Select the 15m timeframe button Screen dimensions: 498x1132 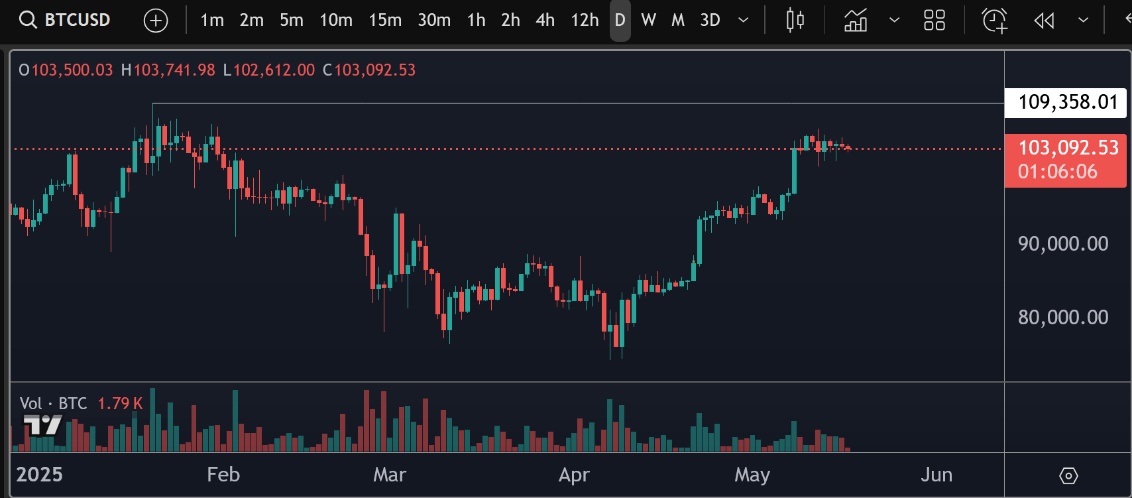click(385, 20)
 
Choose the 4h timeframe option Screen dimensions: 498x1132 click(545, 20)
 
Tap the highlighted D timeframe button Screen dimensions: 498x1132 click(620, 20)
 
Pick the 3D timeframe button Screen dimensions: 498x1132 click(710, 20)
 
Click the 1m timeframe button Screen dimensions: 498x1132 click(212, 20)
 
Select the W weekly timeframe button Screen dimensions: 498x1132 click(648, 20)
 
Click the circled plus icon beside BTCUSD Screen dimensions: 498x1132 click(156, 21)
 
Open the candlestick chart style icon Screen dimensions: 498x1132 click(795, 21)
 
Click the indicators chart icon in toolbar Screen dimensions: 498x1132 click(856, 21)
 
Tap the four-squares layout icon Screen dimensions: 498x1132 click(934, 21)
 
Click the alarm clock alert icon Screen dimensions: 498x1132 click(995, 21)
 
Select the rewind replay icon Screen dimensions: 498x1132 click(1044, 21)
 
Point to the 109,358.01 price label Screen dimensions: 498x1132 click(1066, 102)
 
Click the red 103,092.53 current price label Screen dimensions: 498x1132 click(1066, 148)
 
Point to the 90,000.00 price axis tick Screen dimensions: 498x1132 click(1063, 243)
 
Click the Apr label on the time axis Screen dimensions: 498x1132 click(574, 475)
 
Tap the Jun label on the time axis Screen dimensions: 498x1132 click(936, 475)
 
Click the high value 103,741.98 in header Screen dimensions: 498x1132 click(174, 70)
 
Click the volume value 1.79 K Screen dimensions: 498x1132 click(120, 403)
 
